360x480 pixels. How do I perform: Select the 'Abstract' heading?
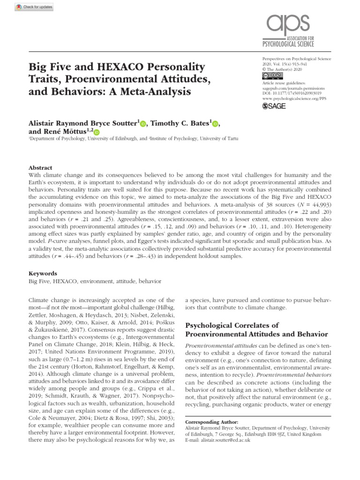(x=41, y=167)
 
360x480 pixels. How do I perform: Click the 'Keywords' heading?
(x=43, y=273)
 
